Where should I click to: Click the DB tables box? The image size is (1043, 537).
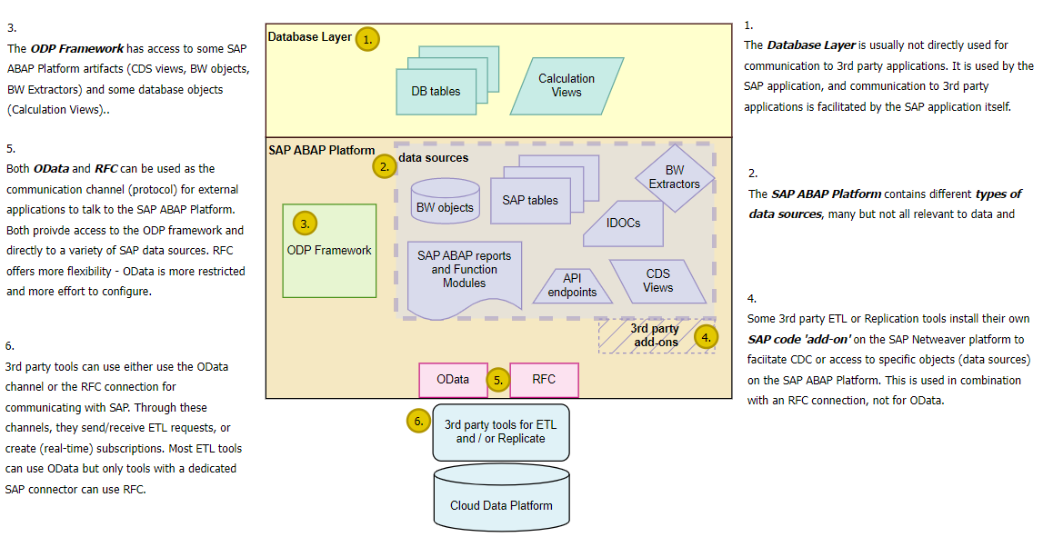coord(436,92)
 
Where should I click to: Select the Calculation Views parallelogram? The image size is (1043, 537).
coord(566,85)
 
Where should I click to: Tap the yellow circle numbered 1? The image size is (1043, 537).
coord(366,39)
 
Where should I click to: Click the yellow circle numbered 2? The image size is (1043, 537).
coord(385,166)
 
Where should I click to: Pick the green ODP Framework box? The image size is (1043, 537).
coord(329,251)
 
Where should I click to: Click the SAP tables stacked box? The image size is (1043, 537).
coord(530,200)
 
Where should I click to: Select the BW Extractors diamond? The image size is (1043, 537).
coord(674,177)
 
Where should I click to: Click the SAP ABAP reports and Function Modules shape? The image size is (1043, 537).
coord(464,273)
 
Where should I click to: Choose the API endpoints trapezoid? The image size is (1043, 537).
coord(572,285)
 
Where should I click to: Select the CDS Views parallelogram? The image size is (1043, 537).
coord(657,281)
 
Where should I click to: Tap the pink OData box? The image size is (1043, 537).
coord(452,380)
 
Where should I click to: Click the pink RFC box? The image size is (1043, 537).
coord(543,380)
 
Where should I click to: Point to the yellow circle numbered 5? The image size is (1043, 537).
coord(497,381)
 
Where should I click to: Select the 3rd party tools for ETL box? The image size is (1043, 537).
coord(500,432)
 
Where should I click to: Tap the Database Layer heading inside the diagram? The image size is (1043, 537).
coord(309,37)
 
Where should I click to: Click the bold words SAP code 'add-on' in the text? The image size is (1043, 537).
coord(798,339)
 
